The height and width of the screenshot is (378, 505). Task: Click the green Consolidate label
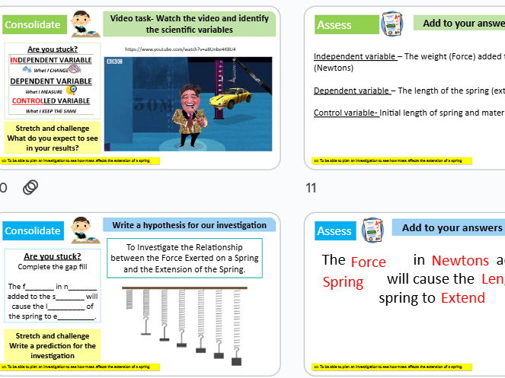(x=33, y=25)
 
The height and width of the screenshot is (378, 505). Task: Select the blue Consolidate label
(x=33, y=230)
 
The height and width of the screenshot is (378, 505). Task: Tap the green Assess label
(x=334, y=25)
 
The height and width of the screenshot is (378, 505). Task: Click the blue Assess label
(x=334, y=230)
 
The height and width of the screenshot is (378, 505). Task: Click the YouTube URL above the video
(x=180, y=49)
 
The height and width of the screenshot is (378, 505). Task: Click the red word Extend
(x=462, y=297)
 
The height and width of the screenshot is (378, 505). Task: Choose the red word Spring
(x=343, y=282)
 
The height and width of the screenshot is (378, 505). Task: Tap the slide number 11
(x=311, y=187)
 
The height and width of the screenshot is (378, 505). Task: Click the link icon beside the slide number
(x=30, y=187)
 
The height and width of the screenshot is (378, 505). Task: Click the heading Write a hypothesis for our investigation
(x=190, y=225)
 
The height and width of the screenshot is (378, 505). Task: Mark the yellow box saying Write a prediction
(x=52, y=345)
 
